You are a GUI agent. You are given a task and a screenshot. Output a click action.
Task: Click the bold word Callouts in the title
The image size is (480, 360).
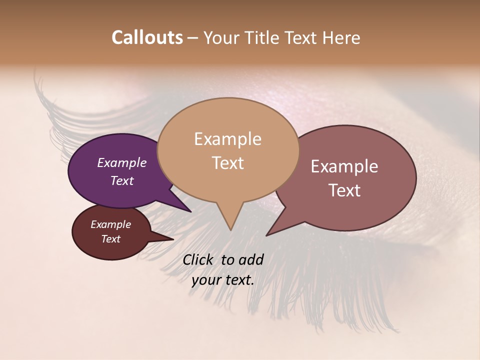pos(147,37)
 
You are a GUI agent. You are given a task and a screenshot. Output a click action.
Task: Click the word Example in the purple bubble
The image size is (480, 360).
pos(121,162)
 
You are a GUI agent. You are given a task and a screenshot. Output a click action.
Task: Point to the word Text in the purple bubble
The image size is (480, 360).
pos(121,180)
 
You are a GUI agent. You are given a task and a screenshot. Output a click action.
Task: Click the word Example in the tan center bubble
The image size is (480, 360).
pos(227,139)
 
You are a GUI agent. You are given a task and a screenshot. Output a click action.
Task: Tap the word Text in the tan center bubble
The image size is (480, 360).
pos(227,163)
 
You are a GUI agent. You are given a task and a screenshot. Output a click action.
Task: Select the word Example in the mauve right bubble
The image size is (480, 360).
pos(344,166)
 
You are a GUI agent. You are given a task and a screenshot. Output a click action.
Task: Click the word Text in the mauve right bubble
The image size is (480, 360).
pos(344,190)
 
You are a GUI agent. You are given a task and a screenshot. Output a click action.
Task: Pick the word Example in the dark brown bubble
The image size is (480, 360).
pos(110,224)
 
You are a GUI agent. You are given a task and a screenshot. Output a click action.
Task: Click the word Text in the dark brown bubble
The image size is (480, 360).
pos(110,239)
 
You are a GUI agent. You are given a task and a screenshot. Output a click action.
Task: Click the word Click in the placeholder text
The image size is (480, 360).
pos(198,259)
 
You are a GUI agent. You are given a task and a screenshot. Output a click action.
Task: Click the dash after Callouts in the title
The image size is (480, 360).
pos(193,37)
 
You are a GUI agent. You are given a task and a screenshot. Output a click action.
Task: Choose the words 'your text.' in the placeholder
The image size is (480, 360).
pos(222,280)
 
